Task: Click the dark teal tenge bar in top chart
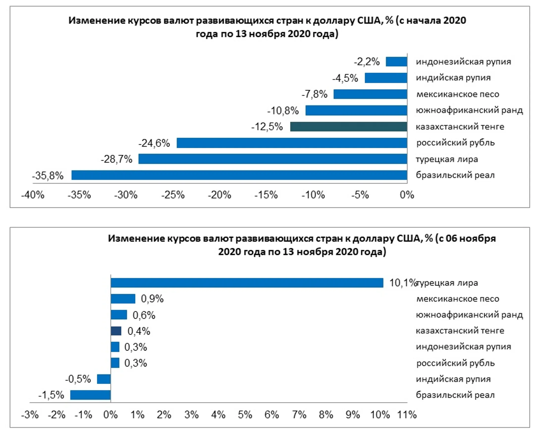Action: tap(348, 127)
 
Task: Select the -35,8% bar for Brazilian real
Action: tap(239, 175)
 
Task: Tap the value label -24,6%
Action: tap(154, 143)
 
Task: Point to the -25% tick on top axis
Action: tap(173, 195)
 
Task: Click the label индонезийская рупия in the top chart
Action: tap(463, 61)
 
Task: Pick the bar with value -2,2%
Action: tap(396, 61)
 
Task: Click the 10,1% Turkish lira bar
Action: tap(247, 283)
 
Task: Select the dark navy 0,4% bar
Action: tap(116, 331)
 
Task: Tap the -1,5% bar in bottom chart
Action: tap(90, 395)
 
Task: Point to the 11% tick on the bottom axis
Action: tap(407, 415)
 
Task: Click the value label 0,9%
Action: tap(152, 299)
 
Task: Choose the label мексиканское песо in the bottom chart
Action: tap(457, 299)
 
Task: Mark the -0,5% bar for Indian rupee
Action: tap(104, 379)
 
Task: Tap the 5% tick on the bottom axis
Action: tap(245, 415)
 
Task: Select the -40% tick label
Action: tap(33, 195)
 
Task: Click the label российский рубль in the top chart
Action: tap(455, 143)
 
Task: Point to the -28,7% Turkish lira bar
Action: tap(273, 159)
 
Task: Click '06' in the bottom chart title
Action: tap(451, 238)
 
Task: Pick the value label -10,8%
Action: tap(283, 110)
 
